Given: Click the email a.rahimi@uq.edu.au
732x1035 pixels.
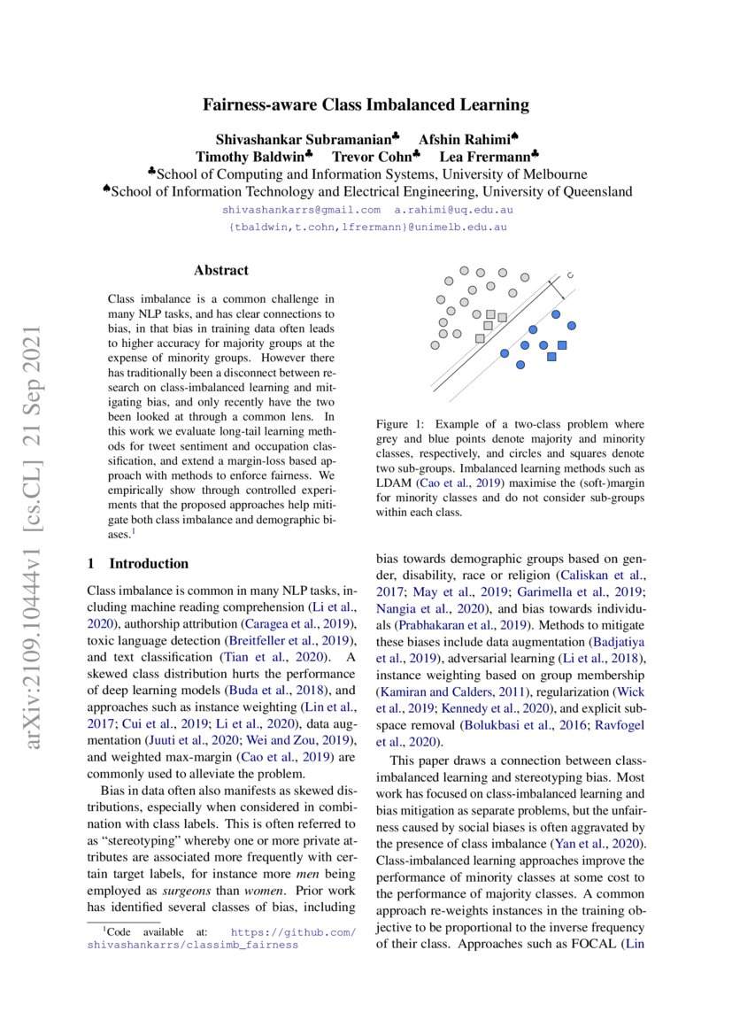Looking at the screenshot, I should click(x=453, y=211).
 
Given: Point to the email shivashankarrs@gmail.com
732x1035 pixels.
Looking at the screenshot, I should click(x=301, y=211).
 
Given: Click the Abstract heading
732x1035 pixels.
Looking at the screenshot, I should click(x=221, y=270).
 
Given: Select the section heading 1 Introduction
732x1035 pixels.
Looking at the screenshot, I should click(x=138, y=564).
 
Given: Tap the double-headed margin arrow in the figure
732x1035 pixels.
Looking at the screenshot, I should click(x=556, y=289).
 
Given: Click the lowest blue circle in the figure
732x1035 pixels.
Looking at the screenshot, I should click(x=520, y=365).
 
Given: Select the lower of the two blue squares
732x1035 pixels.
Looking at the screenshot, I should click(x=551, y=357).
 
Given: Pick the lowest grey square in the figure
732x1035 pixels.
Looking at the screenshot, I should click(x=480, y=338).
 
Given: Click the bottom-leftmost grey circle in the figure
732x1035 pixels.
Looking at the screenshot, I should click(x=434, y=345).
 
